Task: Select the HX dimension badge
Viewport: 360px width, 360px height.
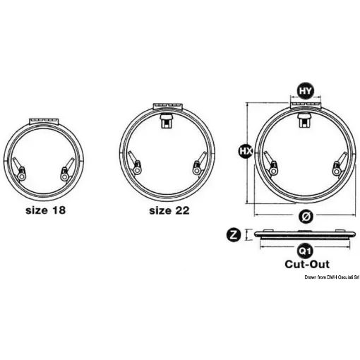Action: (x=246, y=151)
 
